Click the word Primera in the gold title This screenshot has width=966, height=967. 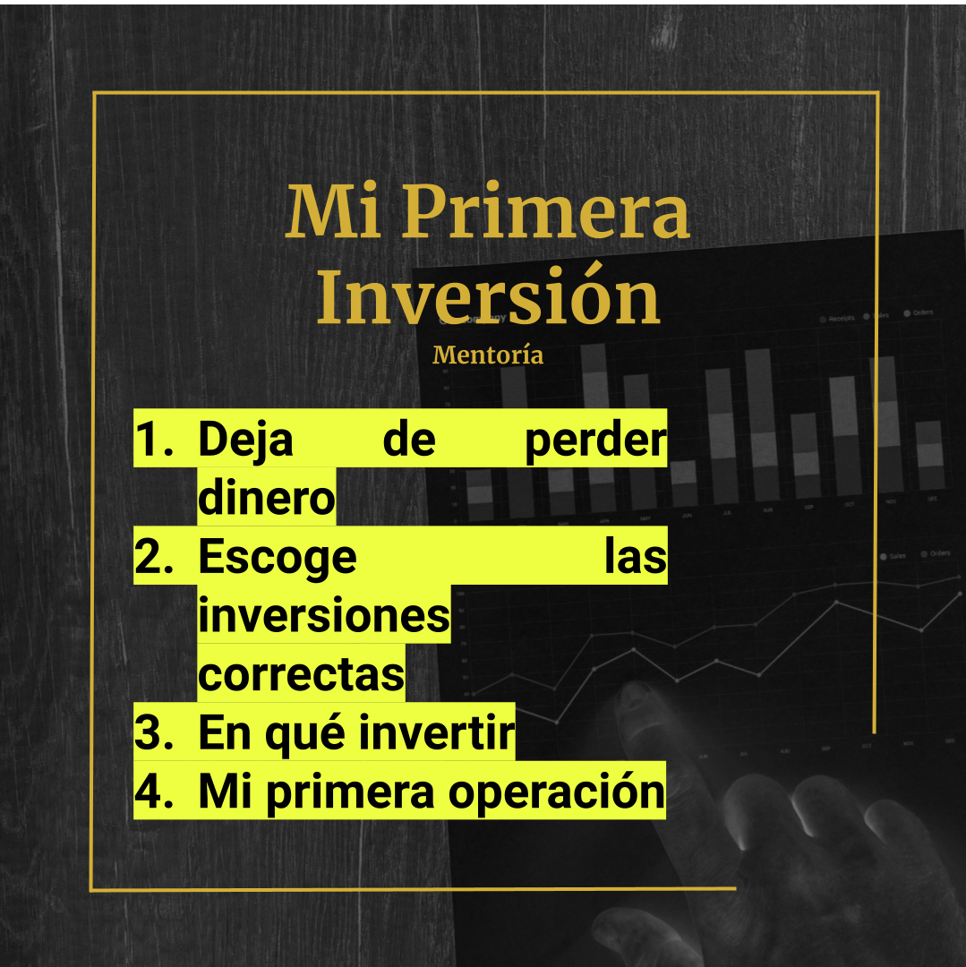coord(545,213)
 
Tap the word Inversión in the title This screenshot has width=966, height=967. coord(488,297)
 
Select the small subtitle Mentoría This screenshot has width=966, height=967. coord(488,355)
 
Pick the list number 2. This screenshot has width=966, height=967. coord(154,557)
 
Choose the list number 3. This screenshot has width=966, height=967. coord(154,733)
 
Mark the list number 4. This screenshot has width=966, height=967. coord(154,792)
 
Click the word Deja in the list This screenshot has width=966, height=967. coord(245,440)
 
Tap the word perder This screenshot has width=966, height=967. coord(595,440)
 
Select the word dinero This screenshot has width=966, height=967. coord(266,498)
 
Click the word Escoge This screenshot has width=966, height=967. coord(278,557)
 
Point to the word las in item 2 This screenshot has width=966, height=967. coord(635,557)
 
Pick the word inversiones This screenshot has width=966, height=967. coord(323,616)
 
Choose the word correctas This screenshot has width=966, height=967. coord(301,674)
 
